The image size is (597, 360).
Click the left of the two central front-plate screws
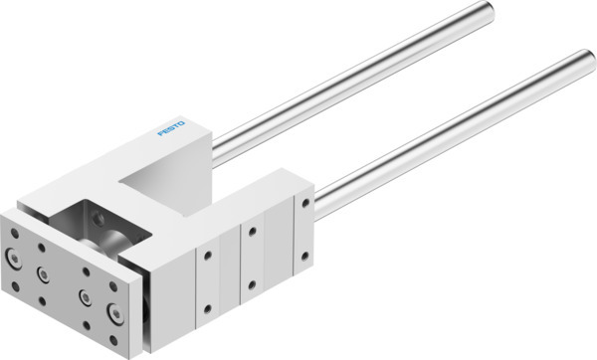(x=43, y=271)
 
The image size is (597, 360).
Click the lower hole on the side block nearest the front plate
(x=209, y=310)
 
